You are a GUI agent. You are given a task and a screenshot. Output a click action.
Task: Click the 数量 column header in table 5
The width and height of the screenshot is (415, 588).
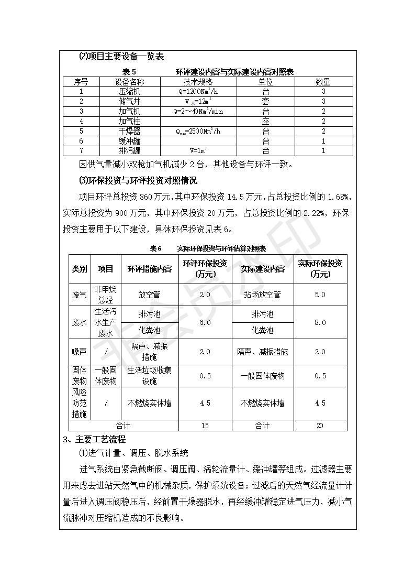click(323, 82)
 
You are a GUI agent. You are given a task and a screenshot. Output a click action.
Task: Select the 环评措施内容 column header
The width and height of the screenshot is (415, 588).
click(150, 269)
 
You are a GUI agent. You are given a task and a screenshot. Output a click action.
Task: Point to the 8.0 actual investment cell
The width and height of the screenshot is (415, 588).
click(320, 322)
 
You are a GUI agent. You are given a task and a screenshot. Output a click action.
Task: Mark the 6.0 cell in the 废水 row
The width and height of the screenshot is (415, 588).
click(205, 322)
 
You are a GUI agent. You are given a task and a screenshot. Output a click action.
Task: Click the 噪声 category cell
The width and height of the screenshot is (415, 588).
click(80, 352)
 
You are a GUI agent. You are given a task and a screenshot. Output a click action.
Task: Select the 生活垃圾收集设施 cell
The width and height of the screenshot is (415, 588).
click(150, 376)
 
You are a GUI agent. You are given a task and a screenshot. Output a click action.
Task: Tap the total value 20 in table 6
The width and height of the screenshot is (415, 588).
click(320, 426)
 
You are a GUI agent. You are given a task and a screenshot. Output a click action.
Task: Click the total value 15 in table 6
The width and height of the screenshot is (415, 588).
click(205, 426)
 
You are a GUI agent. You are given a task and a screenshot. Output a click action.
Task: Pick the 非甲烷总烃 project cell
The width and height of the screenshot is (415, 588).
click(106, 295)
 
